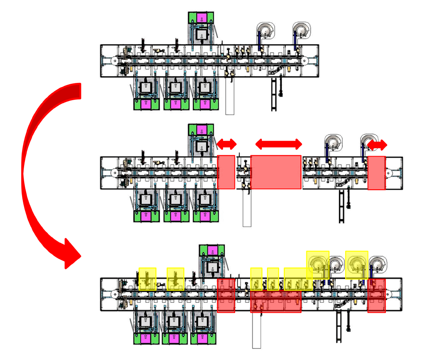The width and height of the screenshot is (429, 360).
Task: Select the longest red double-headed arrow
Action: pos(279,144)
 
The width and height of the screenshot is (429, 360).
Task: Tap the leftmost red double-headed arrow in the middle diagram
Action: pos(226,144)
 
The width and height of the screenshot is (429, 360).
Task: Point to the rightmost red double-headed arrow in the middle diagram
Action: pos(377,145)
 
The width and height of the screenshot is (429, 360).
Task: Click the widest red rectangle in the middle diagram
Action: pos(276,172)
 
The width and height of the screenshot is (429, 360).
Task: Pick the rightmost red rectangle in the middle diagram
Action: pos(376,173)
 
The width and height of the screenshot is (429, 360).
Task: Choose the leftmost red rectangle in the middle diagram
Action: pos(226,172)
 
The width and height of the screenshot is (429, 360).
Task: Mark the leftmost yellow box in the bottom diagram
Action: pos(147,279)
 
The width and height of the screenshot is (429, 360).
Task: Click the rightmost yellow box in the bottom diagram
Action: pos(357,265)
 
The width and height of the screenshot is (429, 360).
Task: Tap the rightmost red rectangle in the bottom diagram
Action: pos(376,295)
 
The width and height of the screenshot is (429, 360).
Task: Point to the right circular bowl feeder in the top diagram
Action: pos(302,31)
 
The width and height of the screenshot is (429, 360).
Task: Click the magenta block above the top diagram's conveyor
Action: pos(202,18)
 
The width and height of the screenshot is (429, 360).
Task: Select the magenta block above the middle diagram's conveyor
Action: pos(202,130)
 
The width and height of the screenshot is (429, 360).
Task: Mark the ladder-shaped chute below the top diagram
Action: pos(273,94)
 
